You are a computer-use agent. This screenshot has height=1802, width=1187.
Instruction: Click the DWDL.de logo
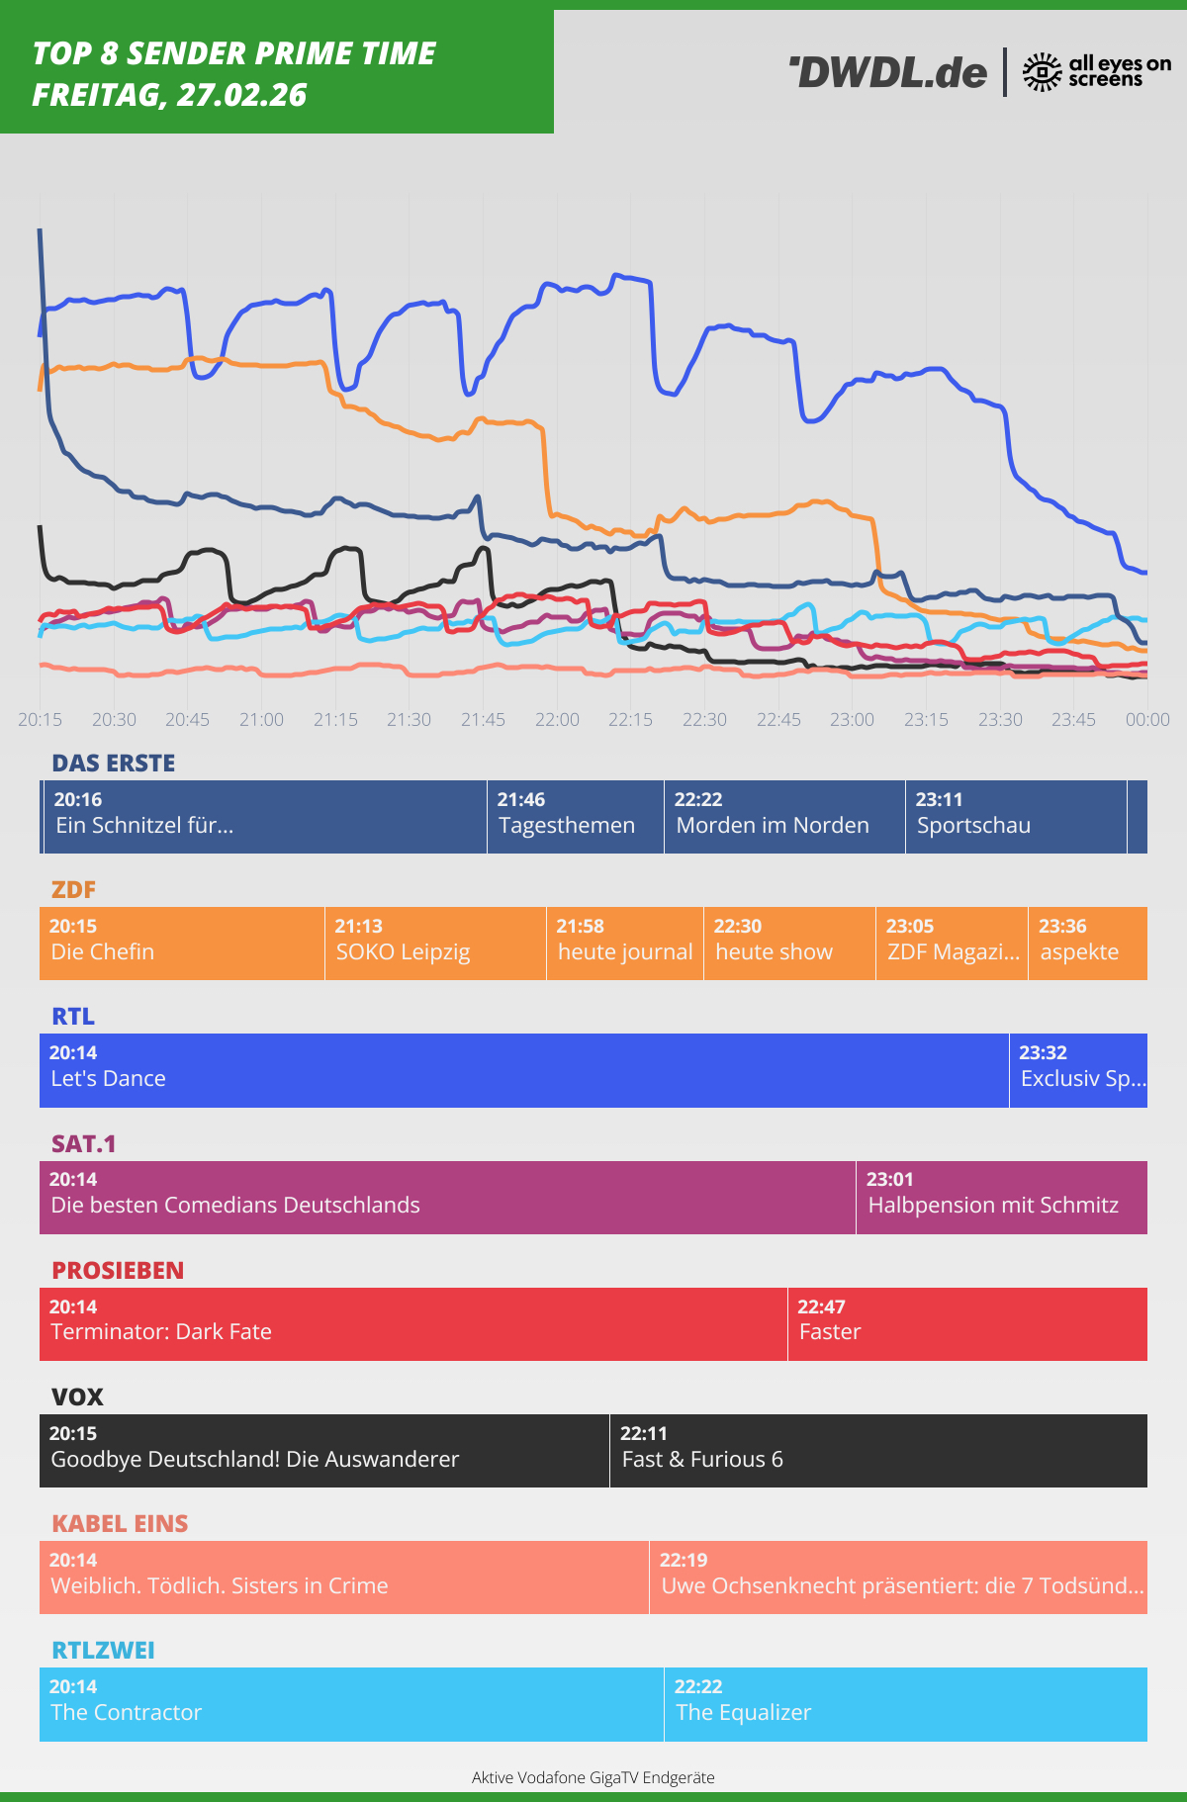pyautogui.click(x=888, y=72)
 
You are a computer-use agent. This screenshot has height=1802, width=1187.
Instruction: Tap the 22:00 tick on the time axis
pyautogui.click(x=557, y=720)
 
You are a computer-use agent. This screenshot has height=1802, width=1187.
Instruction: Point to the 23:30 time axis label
pyautogui.click(x=1000, y=720)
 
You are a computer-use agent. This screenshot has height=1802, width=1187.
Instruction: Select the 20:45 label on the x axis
pyautogui.click(x=187, y=720)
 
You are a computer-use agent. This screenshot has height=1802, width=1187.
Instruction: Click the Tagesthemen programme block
pyautogui.click(x=575, y=817)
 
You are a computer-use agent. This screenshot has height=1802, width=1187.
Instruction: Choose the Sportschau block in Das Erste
pyautogui.click(x=1015, y=817)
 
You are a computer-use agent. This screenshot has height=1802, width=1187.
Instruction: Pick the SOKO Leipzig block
pyautogui.click(x=435, y=944)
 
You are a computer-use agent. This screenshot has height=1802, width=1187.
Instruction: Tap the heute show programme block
pyautogui.click(x=789, y=944)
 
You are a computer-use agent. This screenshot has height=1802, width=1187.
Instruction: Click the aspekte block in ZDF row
pyautogui.click(x=1087, y=944)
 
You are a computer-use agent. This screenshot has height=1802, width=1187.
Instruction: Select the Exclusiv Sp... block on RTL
pyautogui.click(x=1078, y=1070)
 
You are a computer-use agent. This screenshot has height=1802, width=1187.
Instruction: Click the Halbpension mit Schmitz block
pyautogui.click(x=1001, y=1197)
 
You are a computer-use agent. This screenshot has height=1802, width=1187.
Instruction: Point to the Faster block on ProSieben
pyautogui.click(x=967, y=1323)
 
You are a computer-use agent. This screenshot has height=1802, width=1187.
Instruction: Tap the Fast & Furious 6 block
pyautogui.click(x=878, y=1450)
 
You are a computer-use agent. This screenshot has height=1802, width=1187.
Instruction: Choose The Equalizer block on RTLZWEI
pyautogui.click(x=905, y=1703)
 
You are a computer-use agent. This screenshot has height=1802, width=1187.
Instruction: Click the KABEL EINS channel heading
pyautogui.click(x=120, y=1523)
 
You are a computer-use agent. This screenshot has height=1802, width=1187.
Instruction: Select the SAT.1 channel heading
pyautogui.click(x=84, y=1143)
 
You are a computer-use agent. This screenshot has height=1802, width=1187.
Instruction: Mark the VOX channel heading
pyautogui.click(x=77, y=1397)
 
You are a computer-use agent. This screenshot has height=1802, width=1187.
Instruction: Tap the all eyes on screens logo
pyautogui.click(x=1096, y=71)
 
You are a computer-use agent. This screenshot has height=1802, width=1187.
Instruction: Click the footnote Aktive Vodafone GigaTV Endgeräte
pyautogui.click(x=593, y=1777)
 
